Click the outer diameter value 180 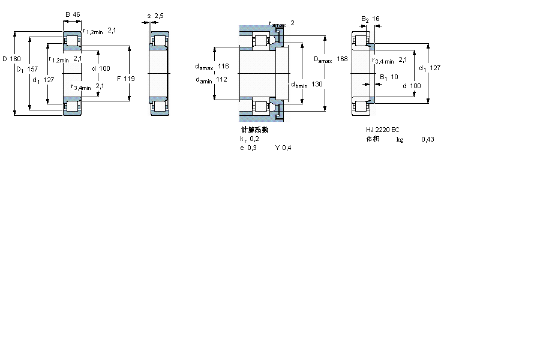[15, 59]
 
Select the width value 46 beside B [76, 14]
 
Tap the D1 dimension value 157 [32, 69]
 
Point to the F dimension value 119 [129, 79]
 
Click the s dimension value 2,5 [159, 16]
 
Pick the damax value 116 [223, 66]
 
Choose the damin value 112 [221, 80]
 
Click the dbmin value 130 [317, 84]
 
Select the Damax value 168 [342, 59]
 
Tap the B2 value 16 [376, 19]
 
